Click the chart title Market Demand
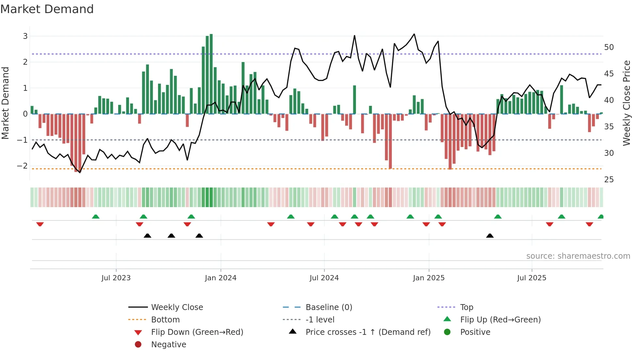point(47,9)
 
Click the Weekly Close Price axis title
point(626,103)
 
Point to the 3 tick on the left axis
point(25,36)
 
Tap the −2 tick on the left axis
point(22,166)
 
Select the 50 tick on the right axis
point(609,47)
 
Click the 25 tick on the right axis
point(609,180)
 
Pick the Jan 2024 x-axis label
point(220,278)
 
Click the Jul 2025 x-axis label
point(531,278)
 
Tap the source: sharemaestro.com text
point(578,256)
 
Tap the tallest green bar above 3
point(211,74)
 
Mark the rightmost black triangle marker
point(490,236)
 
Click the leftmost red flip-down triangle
point(40,224)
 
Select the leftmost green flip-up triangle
point(96,217)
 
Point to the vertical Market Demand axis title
point(6,103)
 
